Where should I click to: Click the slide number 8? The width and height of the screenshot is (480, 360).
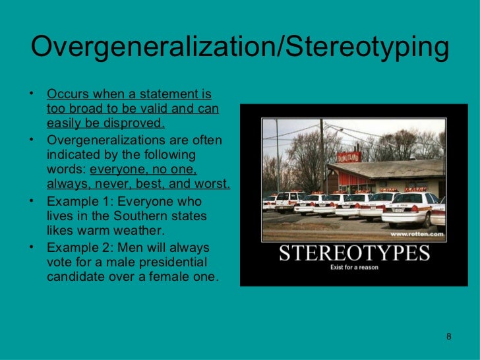pyautogui.click(x=449, y=337)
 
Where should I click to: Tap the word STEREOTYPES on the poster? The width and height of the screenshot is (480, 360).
pyautogui.click(x=354, y=253)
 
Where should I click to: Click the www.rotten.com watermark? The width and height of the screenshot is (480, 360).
pyautogui.click(x=416, y=234)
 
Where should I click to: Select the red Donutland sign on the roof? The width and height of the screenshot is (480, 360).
pyautogui.click(x=347, y=158)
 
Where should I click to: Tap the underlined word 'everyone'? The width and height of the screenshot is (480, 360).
pyautogui.click(x=119, y=169)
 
